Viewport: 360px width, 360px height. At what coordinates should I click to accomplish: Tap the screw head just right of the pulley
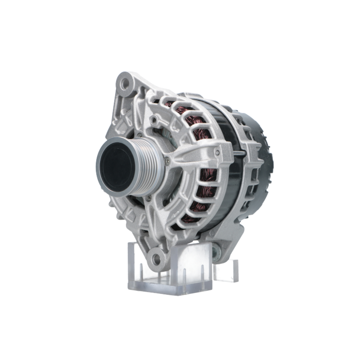[166, 162]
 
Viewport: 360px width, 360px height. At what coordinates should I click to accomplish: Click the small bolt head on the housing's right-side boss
[217, 152]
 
